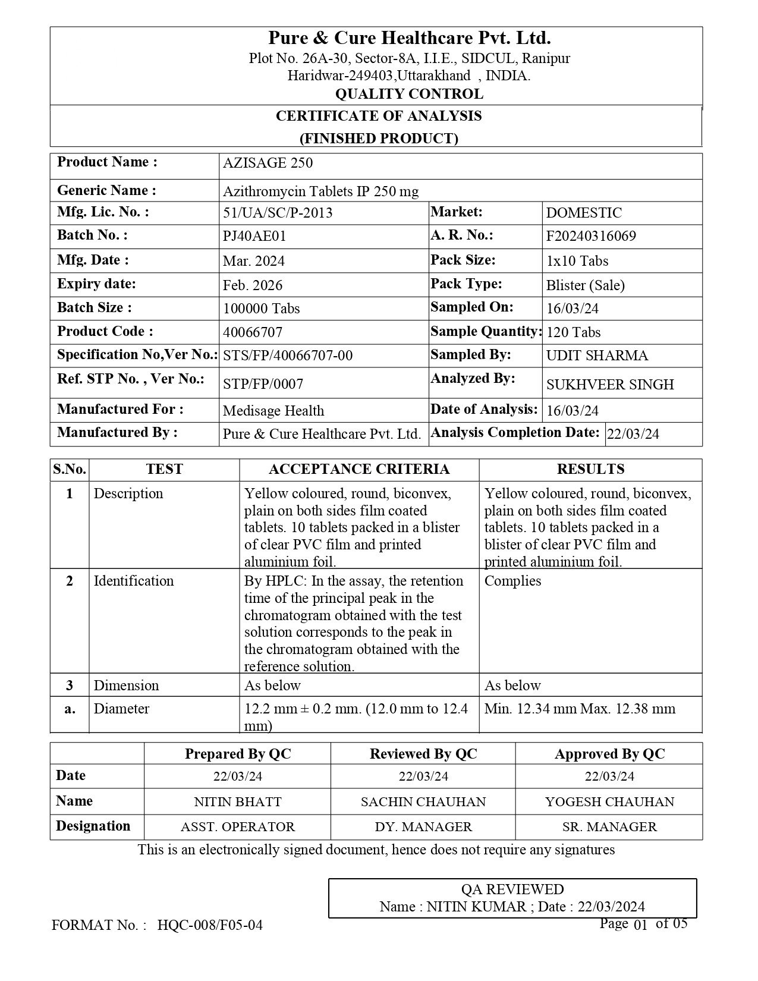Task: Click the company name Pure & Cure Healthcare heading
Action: click(409, 39)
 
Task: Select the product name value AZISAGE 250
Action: click(268, 164)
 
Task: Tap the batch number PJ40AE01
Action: click(254, 236)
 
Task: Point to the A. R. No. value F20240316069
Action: click(591, 236)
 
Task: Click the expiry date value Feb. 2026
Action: click(253, 285)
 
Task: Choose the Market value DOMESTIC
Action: click(584, 213)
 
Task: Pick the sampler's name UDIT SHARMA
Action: click(597, 356)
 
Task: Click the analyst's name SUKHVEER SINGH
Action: click(610, 385)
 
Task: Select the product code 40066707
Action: click(253, 332)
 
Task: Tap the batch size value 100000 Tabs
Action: click(261, 309)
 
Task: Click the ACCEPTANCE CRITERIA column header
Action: click(359, 469)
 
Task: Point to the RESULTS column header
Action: click(590, 469)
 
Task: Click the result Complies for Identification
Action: click(512, 581)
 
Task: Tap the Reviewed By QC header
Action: click(423, 754)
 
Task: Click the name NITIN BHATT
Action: click(238, 802)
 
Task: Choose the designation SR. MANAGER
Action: click(609, 827)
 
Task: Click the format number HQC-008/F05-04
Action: click(210, 925)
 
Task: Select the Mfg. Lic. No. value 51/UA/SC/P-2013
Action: click(278, 213)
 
